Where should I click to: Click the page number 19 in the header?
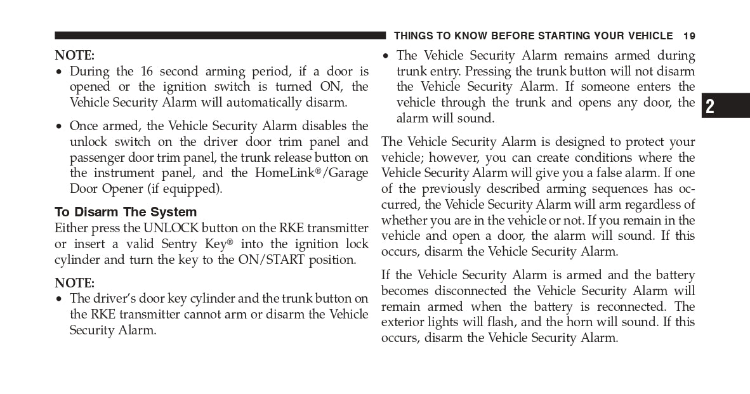pyautogui.click(x=689, y=36)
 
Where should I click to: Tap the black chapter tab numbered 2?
pyautogui.click(x=726, y=106)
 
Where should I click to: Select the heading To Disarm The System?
pyautogui.click(x=126, y=212)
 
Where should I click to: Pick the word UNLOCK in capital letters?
pyautogui.click(x=171, y=228)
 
